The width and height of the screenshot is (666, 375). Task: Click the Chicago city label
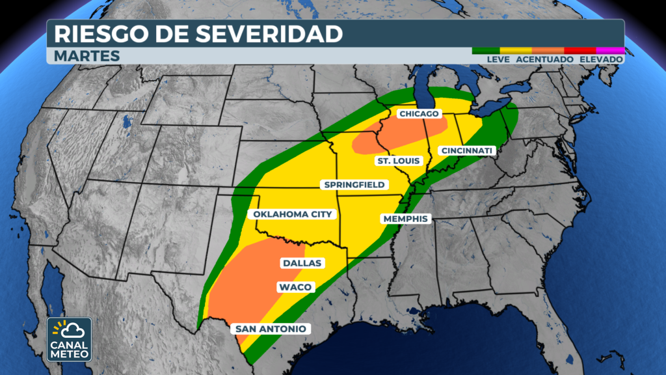(420, 114)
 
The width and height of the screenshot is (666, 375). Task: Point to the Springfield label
(355, 185)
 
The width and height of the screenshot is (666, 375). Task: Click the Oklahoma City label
(293, 214)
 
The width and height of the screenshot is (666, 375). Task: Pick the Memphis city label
(406, 219)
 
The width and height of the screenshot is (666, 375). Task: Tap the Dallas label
(302, 263)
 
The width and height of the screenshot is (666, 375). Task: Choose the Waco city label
(296, 287)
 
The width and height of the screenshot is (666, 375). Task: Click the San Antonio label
(271, 329)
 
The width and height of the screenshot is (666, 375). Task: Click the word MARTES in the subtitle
(87, 56)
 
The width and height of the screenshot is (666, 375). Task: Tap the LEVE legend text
(498, 59)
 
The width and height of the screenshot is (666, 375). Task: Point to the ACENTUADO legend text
(545, 59)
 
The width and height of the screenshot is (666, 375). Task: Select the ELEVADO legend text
(601, 59)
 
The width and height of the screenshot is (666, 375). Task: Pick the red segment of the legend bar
(580, 50)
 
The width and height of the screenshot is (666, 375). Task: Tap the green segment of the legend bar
(485, 50)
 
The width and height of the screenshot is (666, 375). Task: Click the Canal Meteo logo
(69, 339)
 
